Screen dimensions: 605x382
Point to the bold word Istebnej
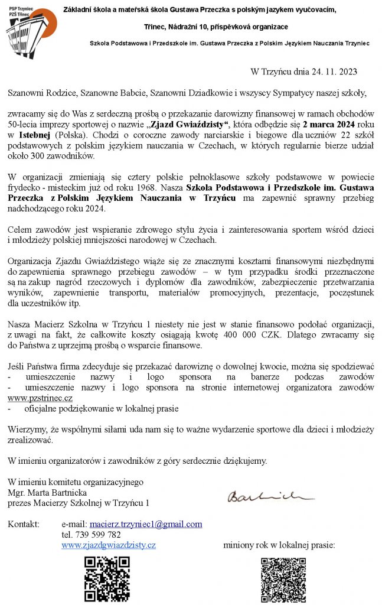click(x=41, y=135)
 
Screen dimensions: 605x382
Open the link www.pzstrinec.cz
click(x=40, y=398)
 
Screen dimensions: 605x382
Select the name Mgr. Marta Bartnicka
click(x=47, y=493)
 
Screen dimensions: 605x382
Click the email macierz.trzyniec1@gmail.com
click(x=146, y=524)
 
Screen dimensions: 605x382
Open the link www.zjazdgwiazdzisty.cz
click(x=109, y=545)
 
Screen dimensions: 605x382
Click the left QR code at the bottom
click(x=107, y=578)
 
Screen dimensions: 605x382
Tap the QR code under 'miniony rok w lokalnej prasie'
click(x=283, y=578)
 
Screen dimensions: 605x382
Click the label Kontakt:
click(x=24, y=524)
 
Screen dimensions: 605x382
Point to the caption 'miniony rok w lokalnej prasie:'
click(x=279, y=545)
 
